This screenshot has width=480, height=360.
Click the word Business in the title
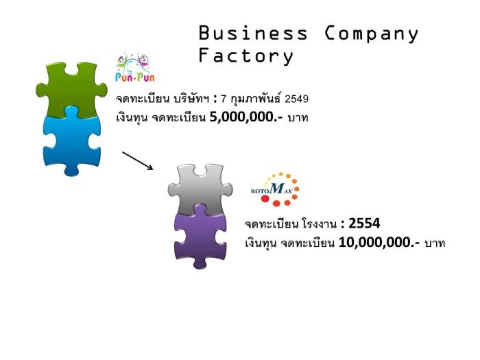[x=253, y=33]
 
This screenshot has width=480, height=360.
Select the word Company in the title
[x=371, y=34]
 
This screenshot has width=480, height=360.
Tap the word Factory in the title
[x=245, y=56]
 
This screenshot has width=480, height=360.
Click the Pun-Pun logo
[x=135, y=68]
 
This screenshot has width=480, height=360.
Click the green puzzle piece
[x=71, y=89]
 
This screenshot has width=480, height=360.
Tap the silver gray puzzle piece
[x=200, y=189]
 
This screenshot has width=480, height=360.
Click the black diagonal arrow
[x=138, y=160]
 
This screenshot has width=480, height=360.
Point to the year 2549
[x=297, y=99]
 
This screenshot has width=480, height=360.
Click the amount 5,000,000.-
[x=246, y=117]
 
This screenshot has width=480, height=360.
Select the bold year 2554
[x=364, y=224]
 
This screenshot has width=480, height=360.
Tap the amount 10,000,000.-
[x=379, y=243]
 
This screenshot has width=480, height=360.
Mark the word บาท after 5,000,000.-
[x=298, y=117]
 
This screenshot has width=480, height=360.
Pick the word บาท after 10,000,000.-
[x=435, y=243]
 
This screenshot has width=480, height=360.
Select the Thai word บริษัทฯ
[x=191, y=99]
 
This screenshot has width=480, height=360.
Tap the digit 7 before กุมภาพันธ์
[x=224, y=99]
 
